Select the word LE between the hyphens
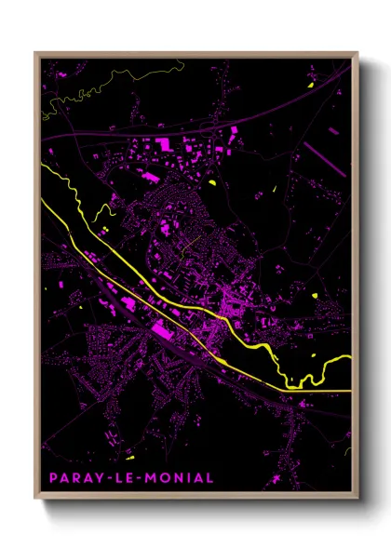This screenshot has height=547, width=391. pos(126,477)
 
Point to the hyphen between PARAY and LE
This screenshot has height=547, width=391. pos(111,477)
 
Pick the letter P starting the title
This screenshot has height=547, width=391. pos(53,477)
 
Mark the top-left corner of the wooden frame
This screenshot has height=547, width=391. pos(35,52)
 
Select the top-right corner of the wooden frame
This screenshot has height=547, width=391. pos(357,52)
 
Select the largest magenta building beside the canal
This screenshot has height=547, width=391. pos(164,329)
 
